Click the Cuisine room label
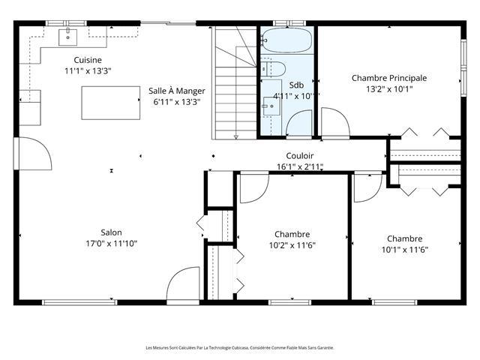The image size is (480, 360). click(x=88, y=60)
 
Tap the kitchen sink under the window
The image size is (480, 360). click(x=67, y=37)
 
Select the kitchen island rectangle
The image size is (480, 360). click(x=111, y=103)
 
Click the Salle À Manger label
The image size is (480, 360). click(x=177, y=91)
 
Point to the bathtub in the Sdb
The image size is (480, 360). click(x=286, y=40)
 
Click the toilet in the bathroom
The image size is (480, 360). click(x=273, y=69)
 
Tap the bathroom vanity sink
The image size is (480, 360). click(x=271, y=106)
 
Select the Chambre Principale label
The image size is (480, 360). click(x=389, y=78)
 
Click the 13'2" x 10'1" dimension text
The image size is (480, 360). click(x=389, y=89)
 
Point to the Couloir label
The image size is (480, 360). click(x=300, y=156)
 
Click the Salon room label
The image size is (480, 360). click(x=112, y=232)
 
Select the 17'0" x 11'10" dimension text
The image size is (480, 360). click(x=112, y=244)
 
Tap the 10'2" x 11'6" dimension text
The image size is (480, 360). click(x=292, y=245)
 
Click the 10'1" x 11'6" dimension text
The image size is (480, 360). click(x=405, y=250)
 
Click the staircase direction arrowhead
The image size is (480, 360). click(x=235, y=137)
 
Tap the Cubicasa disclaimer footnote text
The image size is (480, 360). click(x=240, y=348)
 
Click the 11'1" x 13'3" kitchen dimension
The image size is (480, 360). click(x=88, y=71)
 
